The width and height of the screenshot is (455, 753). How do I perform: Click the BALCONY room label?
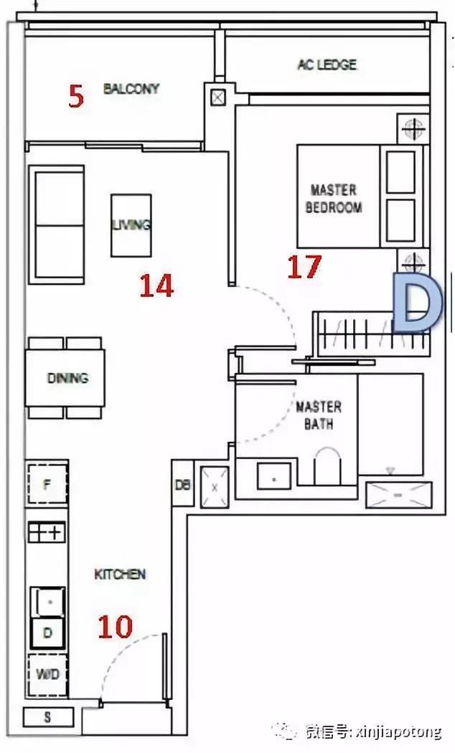131,88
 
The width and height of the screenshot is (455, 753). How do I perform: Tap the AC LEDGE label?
327,65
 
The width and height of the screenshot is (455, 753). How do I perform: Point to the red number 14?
156,285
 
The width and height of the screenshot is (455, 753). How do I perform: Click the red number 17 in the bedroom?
304,267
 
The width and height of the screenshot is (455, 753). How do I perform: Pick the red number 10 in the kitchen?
116,627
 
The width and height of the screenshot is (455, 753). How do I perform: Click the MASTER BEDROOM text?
334,199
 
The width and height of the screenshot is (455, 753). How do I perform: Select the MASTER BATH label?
319,415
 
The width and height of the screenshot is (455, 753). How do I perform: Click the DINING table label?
67,378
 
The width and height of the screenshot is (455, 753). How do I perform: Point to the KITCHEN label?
120,574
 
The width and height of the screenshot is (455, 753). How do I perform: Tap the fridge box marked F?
47,483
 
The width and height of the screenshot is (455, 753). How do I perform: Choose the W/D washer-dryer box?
47,675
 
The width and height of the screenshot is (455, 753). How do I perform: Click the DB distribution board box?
182,483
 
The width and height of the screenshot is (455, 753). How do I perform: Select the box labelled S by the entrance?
48,717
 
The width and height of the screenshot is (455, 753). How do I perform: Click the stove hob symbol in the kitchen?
46,532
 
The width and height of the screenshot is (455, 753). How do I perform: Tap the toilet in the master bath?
327,466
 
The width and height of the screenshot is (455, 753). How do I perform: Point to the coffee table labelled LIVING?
131,225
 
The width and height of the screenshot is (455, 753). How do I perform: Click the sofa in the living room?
56,224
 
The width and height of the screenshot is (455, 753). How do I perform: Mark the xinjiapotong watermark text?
397,732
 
